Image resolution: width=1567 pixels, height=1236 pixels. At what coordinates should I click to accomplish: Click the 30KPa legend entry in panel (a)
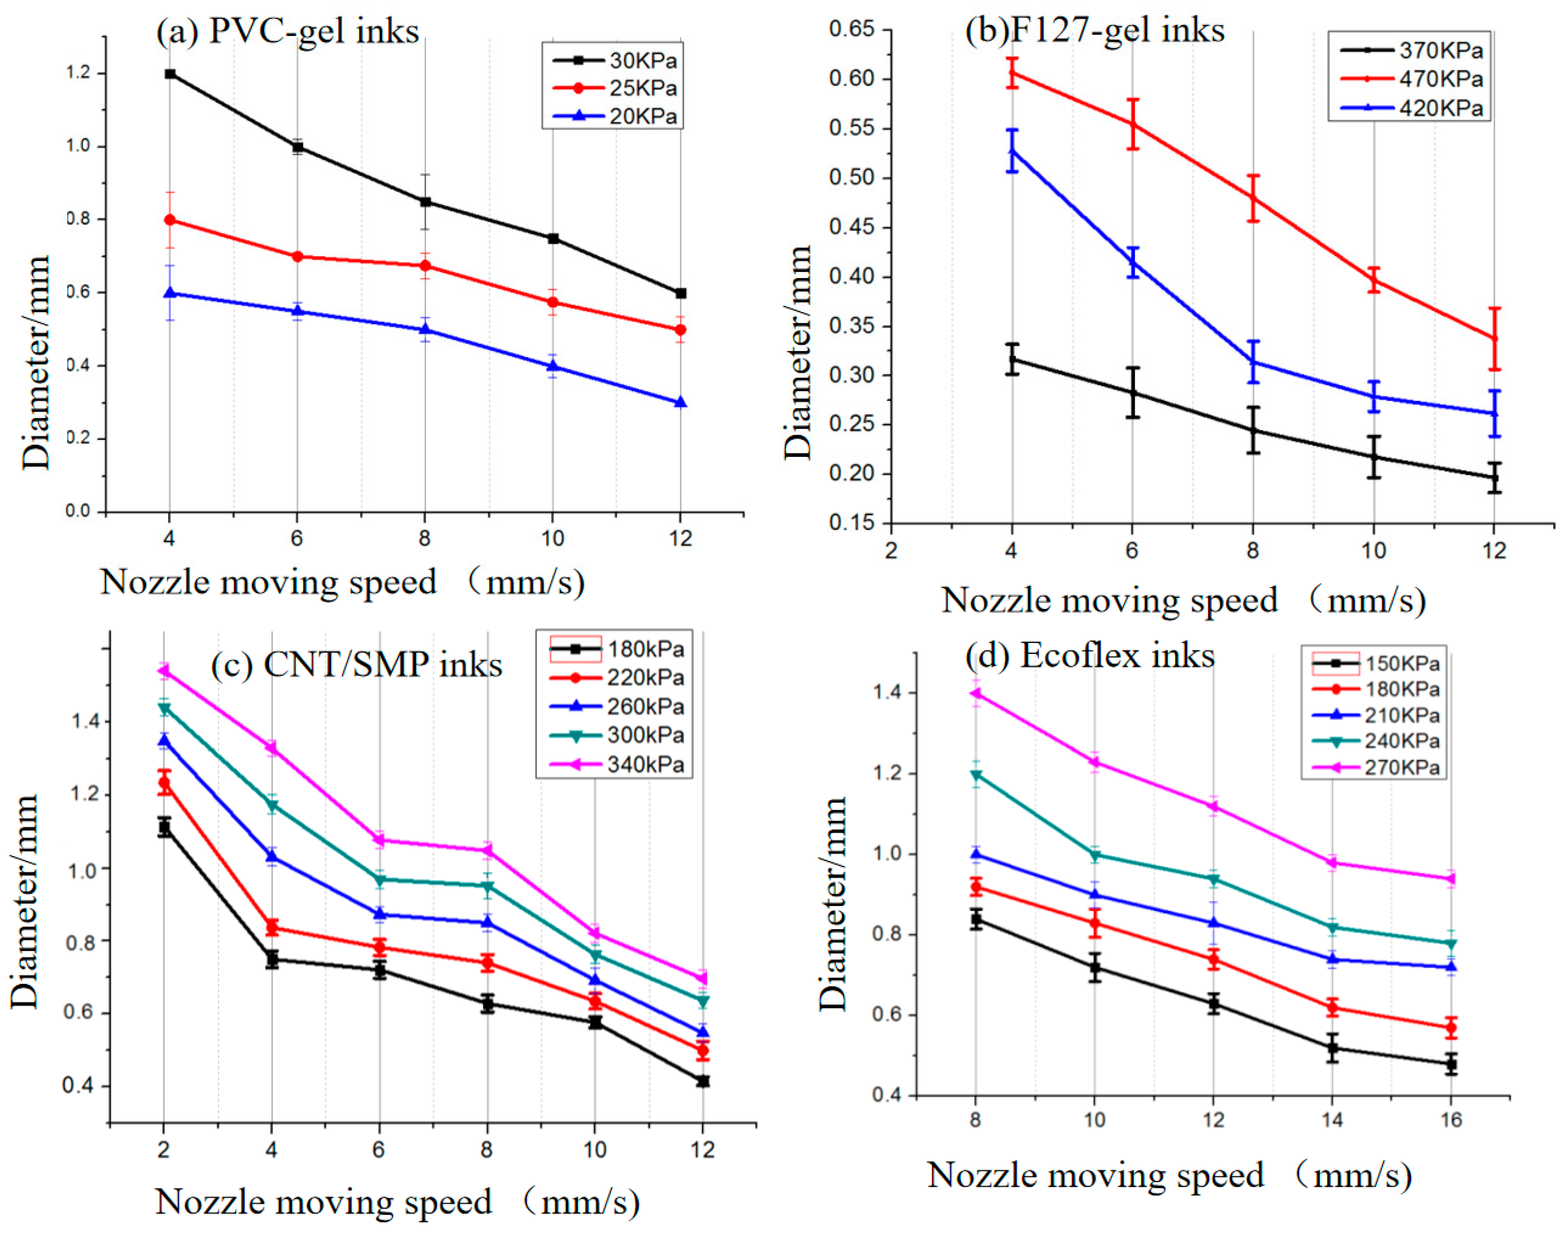pyautogui.click(x=643, y=60)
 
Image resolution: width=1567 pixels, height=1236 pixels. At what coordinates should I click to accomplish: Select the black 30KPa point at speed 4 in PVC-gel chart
pyautogui.click(x=170, y=74)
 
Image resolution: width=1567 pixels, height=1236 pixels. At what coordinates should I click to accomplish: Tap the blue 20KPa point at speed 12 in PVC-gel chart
pyautogui.click(x=680, y=402)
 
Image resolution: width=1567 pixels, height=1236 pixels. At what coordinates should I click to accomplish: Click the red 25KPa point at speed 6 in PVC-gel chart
pyautogui.click(x=297, y=256)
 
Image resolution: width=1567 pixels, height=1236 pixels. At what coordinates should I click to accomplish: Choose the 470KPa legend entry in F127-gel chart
pyautogui.click(x=1441, y=79)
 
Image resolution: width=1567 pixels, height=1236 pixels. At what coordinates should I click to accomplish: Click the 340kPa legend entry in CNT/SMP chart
pyautogui.click(x=646, y=764)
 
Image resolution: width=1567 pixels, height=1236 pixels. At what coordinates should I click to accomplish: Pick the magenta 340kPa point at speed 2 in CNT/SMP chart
pyautogui.click(x=164, y=671)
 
